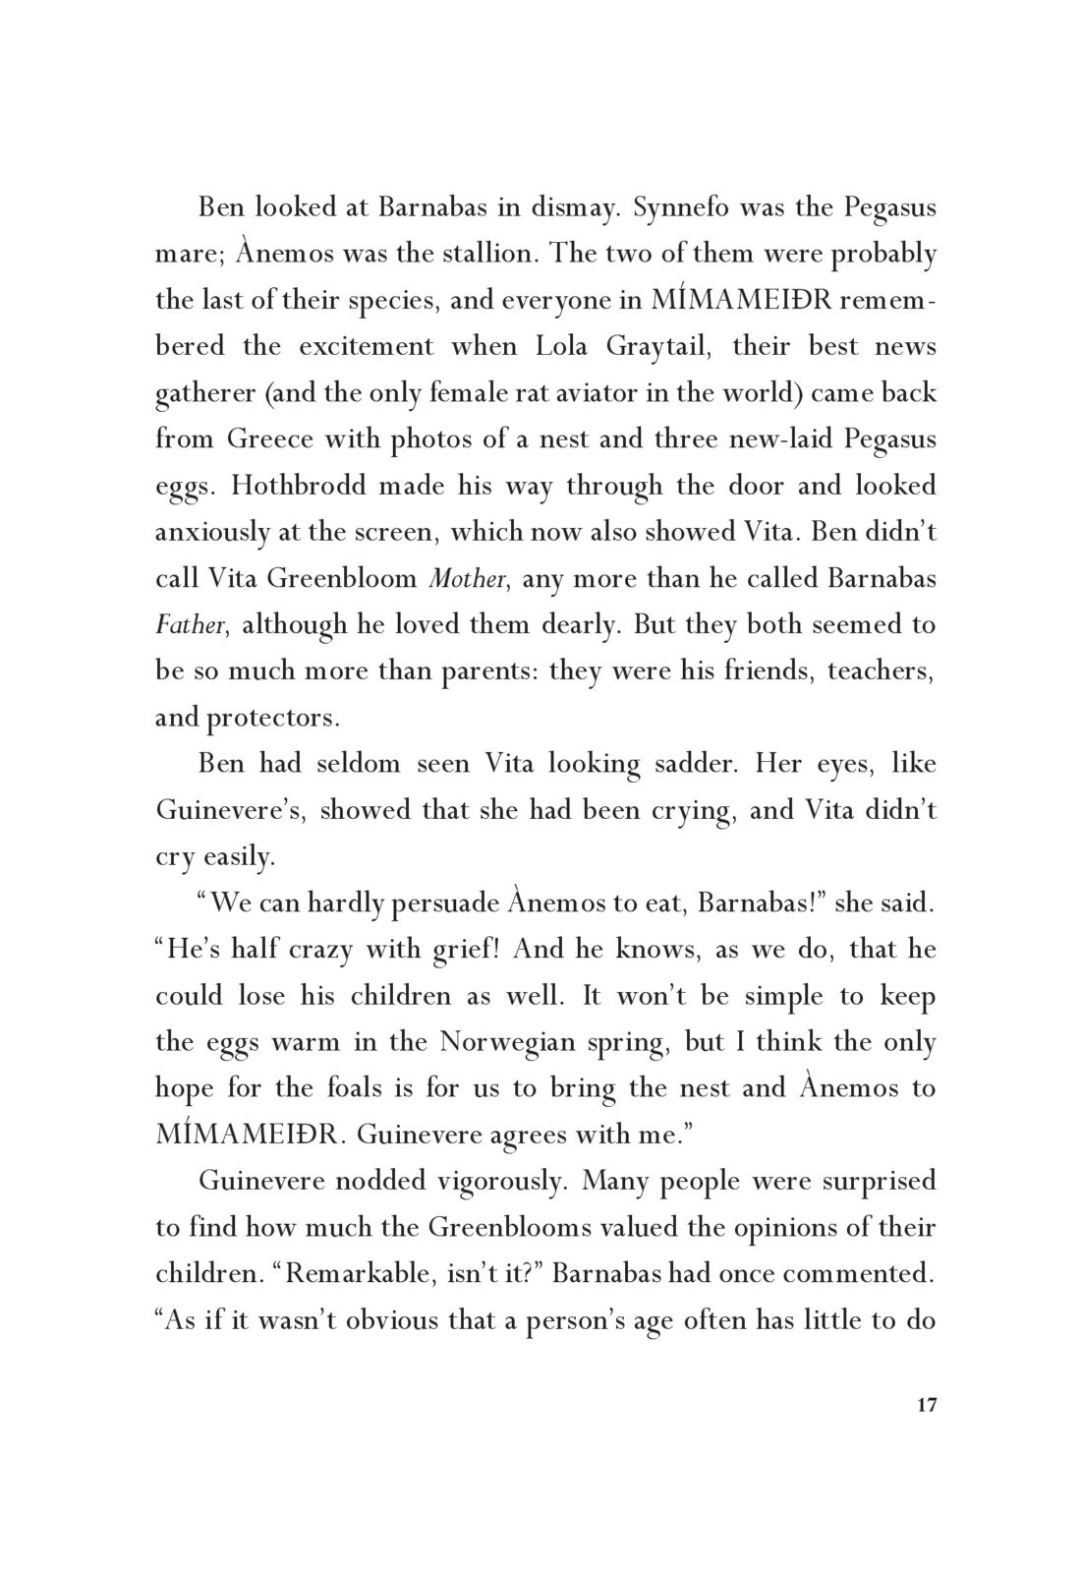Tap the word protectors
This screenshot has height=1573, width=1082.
coord(271,718)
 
